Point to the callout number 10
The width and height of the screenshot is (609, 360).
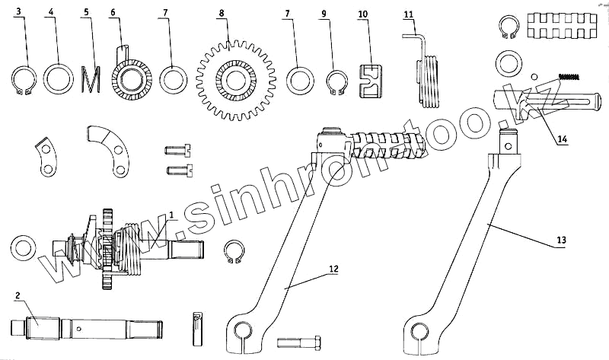click(x=362, y=14)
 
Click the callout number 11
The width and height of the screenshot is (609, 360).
click(x=409, y=14)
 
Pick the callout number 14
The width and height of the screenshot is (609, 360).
click(x=562, y=141)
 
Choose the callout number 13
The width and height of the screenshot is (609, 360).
click(x=560, y=240)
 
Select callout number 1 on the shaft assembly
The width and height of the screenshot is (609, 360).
click(x=173, y=215)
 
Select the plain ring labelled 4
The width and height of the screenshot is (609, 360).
click(x=58, y=78)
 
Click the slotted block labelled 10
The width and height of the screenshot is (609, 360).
click(x=371, y=80)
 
